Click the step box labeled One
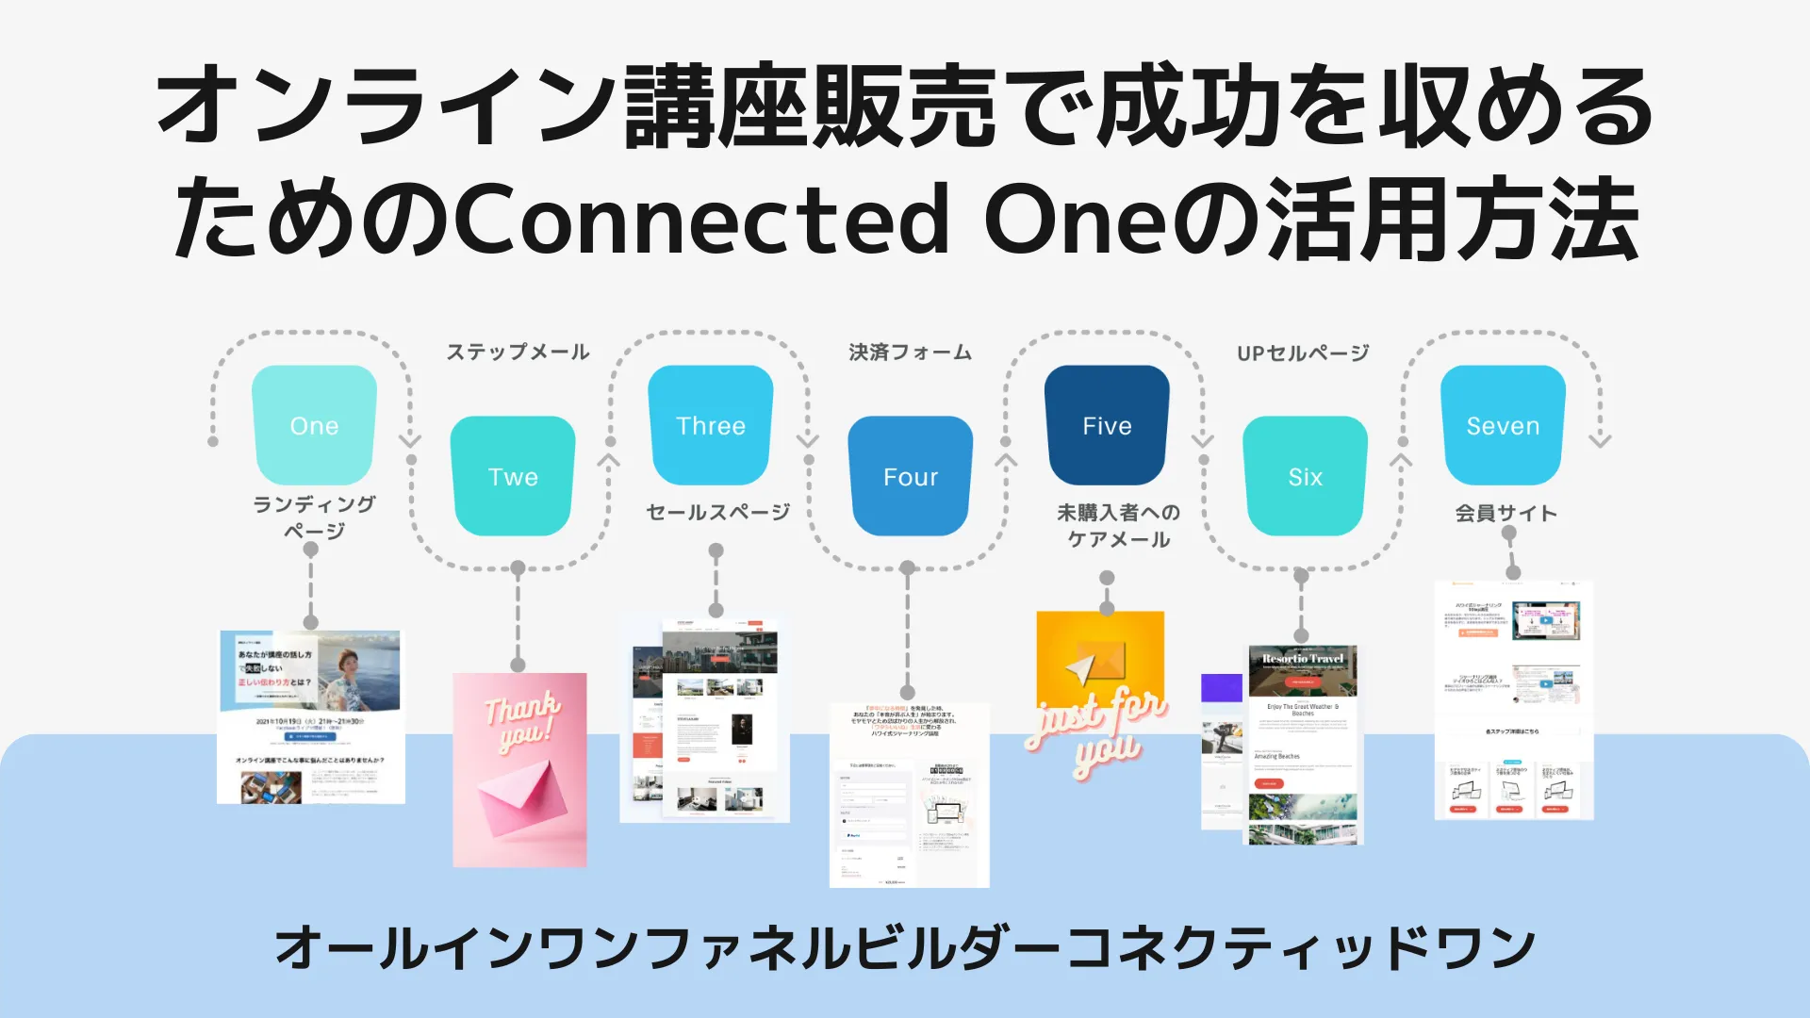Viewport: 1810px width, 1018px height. pos(314,425)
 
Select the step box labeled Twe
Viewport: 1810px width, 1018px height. pos(513,476)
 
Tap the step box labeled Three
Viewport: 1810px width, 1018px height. pos(711,425)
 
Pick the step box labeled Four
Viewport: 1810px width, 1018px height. pos(910,476)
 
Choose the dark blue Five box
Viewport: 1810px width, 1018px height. pos(1107,425)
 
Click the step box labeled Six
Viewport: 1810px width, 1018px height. pos(1305,476)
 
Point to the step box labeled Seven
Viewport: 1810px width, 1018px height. pos(1503,425)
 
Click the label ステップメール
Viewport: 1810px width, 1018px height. pos(518,353)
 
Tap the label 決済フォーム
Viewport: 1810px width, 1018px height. pos(910,353)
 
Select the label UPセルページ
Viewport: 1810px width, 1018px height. pos(1303,353)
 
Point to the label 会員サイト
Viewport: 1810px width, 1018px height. pos(1506,513)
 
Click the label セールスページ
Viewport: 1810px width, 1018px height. pos(717,512)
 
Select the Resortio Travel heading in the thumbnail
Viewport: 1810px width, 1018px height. pos(1303,658)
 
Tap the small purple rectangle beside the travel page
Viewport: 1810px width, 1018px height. pos(1221,687)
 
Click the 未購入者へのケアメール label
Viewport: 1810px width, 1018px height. pos(1118,525)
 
